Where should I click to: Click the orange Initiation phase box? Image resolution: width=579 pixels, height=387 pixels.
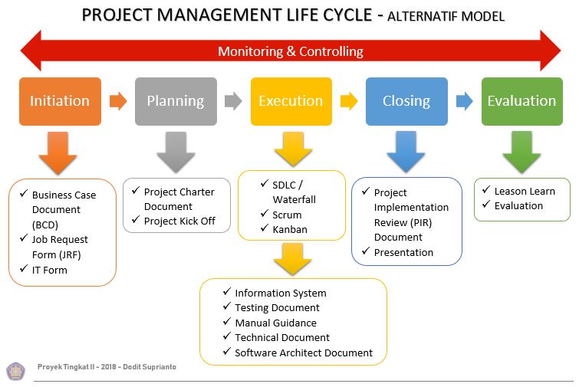(60, 101)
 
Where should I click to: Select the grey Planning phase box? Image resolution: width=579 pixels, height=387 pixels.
(176, 101)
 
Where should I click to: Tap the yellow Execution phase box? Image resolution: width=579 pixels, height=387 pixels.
(291, 101)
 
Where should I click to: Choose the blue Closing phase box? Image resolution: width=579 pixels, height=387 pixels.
(406, 101)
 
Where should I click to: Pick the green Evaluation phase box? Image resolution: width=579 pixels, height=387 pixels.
(521, 101)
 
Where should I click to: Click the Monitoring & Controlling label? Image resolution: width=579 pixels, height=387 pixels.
(290, 52)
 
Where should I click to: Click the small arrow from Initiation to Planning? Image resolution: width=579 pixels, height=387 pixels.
(118, 100)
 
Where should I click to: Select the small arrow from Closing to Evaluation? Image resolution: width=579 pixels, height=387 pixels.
(464, 100)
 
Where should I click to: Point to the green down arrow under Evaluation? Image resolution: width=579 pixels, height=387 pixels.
(521, 151)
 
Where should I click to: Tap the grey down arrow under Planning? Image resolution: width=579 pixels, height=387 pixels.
(176, 151)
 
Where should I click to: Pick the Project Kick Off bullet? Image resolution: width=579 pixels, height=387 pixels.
(179, 221)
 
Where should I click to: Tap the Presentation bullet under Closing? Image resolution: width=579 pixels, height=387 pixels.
(403, 252)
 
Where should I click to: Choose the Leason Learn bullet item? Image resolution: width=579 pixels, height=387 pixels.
(524, 191)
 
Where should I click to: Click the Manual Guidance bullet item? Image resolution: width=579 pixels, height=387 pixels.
(275, 323)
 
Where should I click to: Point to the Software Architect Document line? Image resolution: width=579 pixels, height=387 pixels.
(303, 353)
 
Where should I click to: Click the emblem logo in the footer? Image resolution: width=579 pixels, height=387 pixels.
(15, 371)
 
